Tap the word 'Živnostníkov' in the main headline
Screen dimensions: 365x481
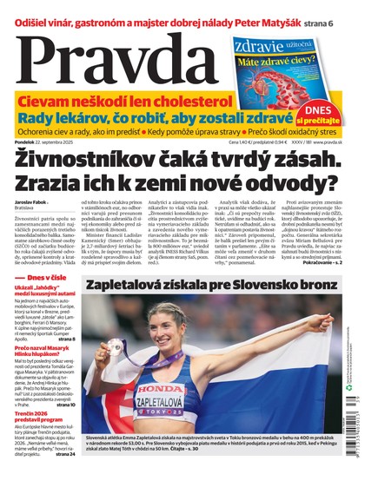96,162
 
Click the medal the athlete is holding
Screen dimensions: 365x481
115,346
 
